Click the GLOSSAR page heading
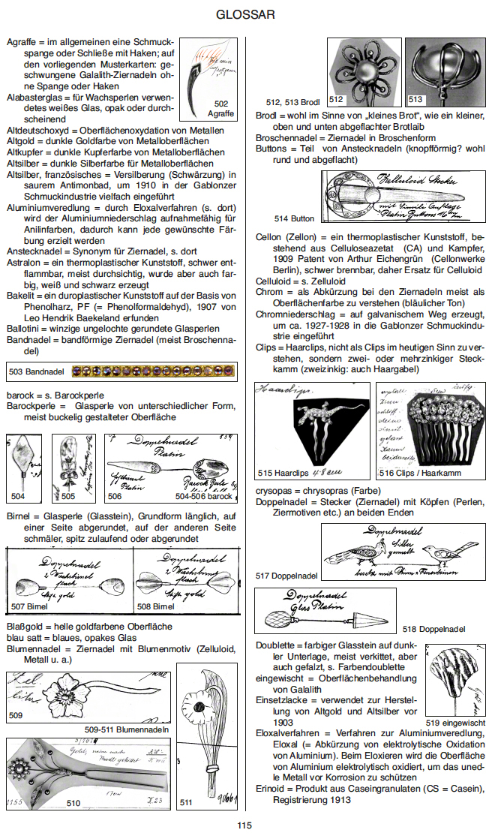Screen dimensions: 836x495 click(x=244, y=14)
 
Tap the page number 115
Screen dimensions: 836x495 click(x=245, y=825)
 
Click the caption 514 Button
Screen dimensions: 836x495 click(x=294, y=219)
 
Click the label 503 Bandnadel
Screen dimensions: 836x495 click(x=37, y=371)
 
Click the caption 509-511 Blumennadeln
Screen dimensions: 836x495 click(x=126, y=729)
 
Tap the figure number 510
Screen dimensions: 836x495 click(x=73, y=802)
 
